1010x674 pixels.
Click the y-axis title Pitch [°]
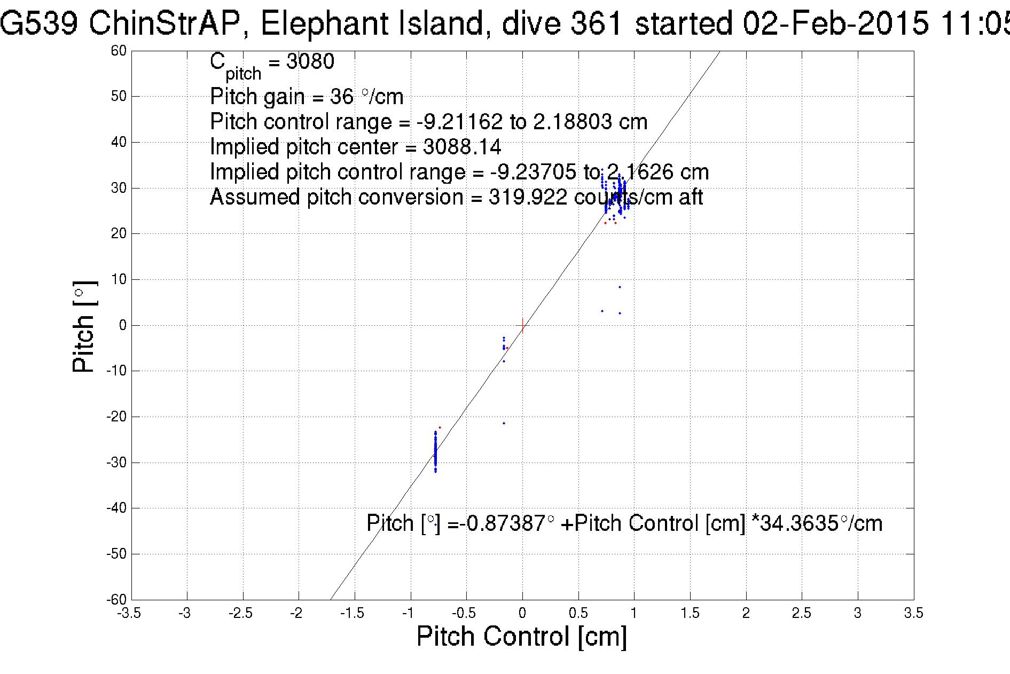pos(84,326)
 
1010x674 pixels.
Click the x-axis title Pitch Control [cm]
pos(521,637)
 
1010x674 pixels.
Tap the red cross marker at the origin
pos(522,325)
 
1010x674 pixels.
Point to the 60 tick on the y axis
pos(119,51)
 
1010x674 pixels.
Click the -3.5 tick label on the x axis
pos(129,613)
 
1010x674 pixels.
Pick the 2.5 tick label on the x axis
pos(801,613)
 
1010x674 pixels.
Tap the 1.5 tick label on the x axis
pos(690,613)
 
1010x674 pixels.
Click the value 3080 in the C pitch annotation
pos(310,61)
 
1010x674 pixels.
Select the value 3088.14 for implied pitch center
pos(462,146)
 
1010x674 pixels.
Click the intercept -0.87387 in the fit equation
pos(504,523)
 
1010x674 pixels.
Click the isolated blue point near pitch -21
pos(504,424)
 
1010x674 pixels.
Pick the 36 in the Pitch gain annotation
pos(341,97)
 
